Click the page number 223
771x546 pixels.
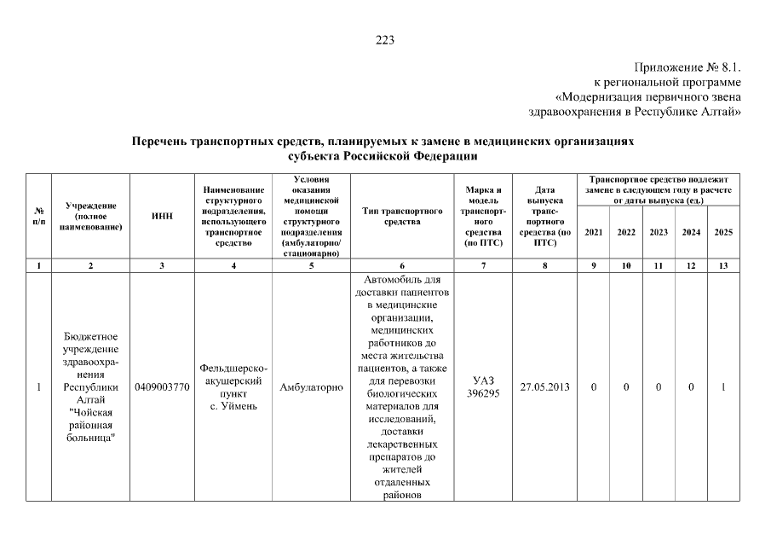click(385, 39)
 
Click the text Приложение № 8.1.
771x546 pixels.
click(688, 67)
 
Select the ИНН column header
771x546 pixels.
click(162, 216)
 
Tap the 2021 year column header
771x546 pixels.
click(593, 232)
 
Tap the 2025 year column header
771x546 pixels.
click(723, 232)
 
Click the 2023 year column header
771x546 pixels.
click(659, 232)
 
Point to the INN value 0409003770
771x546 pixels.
click(162, 387)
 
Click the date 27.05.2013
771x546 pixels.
click(544, 387)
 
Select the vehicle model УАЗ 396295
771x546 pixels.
click(483, 387)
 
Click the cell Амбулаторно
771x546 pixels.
click(311, 387)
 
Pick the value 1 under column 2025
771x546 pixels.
click(723, 387)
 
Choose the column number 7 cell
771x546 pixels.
click(483, 266)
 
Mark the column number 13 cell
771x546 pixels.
click(723, 266)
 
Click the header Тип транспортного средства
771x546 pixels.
click(402, 216)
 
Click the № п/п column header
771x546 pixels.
click(38, 216)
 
